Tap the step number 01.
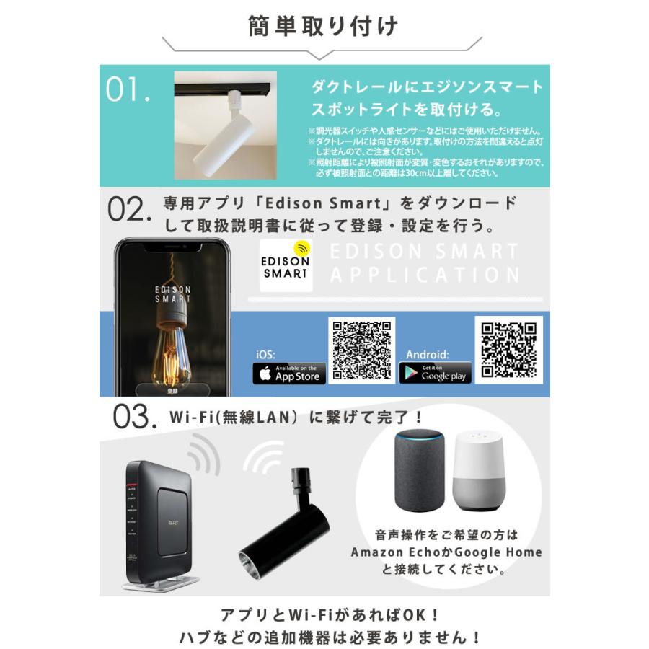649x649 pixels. coord(128,89)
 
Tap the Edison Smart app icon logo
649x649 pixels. coord(286,265)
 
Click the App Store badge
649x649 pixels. coord(289,374)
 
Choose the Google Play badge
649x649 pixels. coord(435,374)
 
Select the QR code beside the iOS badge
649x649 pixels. coord(362,349)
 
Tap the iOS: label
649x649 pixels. coord(265,355)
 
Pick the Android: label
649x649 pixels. coord(428,355)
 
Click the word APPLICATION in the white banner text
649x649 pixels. coord(425,275)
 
